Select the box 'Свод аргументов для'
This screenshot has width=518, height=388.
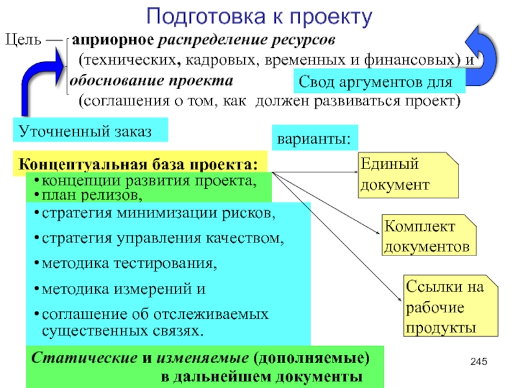pyautogui.click(x=381, y=83)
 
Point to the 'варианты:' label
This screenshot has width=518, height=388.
pyautogui.click(x=314, y=138)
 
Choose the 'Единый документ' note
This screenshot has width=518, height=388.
pyautogui.click(x=408, y=175)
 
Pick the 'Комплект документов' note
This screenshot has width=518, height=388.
pyautogui.click(x=427, y=236)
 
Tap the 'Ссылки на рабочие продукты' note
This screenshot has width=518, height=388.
pyautogui.click(x=450, y=307)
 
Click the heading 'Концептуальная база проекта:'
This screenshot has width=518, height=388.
pyautogui.click(x=140, y=162)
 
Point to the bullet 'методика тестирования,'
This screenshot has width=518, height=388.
pyautogui.click(x=129, y=264)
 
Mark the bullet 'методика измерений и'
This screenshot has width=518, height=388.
pyautogui.click(x=123, y=289)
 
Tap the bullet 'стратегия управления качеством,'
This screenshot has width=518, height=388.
pyautogui.click(x=162, y=238)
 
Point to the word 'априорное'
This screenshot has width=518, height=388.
pyautogui.click(x=114, y=41)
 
